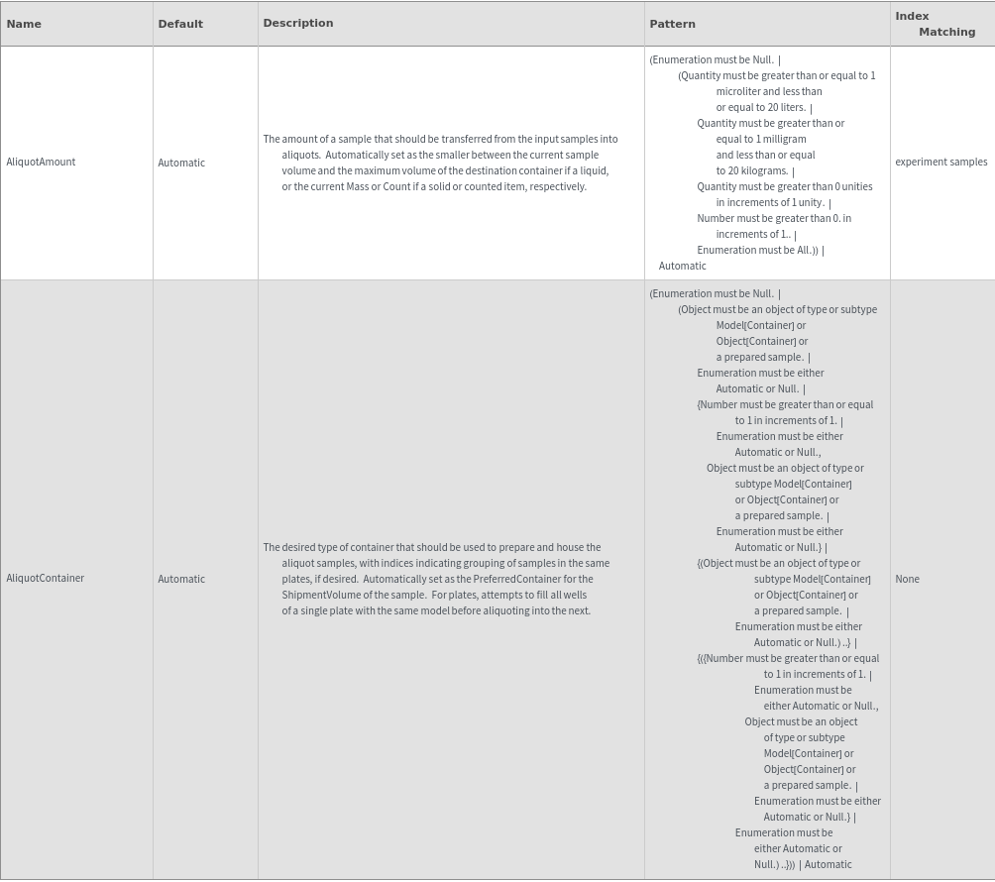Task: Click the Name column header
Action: point(24,24)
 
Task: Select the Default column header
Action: point(180,24)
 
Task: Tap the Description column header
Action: point(298,23)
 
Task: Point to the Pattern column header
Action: point(672,24)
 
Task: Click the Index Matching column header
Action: point(935,24)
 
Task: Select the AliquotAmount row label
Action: point(41,162)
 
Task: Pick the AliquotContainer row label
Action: point(46,578)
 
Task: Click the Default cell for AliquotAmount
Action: point(181,163)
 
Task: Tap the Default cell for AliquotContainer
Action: point(181,579)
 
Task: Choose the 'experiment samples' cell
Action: point(940,162)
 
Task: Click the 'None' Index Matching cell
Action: point(907,579)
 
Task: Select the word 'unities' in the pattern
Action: point(857,186)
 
